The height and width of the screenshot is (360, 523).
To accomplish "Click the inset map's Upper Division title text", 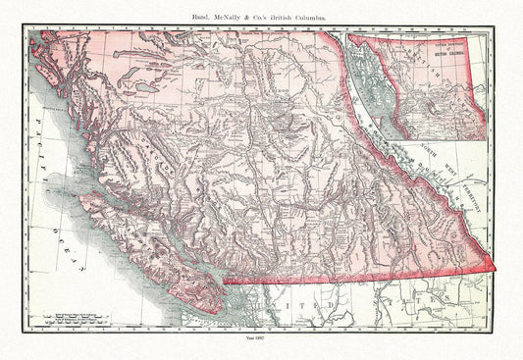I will (460, 49).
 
